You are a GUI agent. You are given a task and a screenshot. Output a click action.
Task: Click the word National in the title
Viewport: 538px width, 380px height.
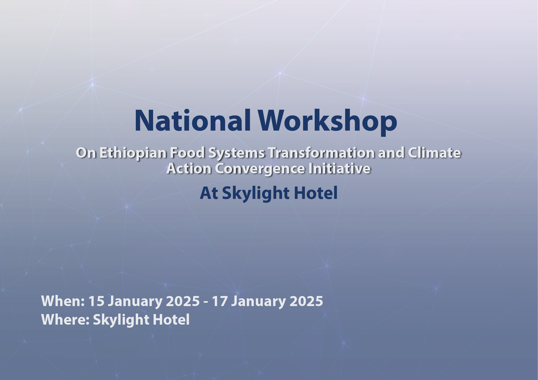tap(193, 121)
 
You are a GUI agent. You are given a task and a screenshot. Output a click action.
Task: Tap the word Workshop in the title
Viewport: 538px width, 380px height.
tap(328, 122)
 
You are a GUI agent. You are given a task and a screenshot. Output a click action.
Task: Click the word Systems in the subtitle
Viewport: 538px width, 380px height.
tap(236, 153)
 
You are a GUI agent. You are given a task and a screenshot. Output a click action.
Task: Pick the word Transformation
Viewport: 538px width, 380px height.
tap(321, 153)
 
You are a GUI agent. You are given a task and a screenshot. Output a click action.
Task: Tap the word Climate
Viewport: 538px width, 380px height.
tap(434, 153)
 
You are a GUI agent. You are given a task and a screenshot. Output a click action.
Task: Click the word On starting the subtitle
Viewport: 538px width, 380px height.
tap(86, 153)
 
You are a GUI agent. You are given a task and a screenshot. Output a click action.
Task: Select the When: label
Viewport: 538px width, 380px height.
tap(63, 301)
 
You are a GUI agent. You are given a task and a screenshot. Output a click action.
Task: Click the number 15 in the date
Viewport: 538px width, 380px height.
tap(96, 301)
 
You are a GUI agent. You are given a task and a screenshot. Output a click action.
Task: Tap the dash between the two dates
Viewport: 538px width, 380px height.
tap(206, 302)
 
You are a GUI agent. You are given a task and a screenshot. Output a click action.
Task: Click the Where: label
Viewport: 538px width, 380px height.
tap(65, 319)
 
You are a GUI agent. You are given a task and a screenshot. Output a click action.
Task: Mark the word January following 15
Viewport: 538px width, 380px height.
tap(135, 302)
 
